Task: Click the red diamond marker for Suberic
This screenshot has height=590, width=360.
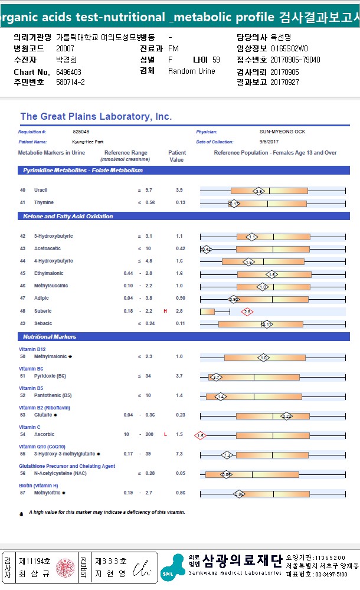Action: (247, 312)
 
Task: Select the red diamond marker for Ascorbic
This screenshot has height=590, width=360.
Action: (200, 435)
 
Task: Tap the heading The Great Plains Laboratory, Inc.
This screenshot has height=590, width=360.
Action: (96, 117)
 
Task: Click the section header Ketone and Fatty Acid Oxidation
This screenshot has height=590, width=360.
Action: (68, 217)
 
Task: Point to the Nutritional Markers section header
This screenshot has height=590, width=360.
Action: (50, 337)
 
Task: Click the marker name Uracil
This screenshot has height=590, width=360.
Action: (41, 191)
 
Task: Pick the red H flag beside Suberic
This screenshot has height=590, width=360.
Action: (165, 311)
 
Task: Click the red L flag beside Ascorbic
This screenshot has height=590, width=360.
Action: (165, 435)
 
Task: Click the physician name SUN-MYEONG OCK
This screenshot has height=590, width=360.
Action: (282, 132)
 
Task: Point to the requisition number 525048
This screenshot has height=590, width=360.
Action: (81, 132)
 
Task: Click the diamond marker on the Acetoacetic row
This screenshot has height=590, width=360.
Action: (206, 249)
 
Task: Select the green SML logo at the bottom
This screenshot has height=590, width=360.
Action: (173, 568)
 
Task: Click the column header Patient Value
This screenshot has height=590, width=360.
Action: (177, 156)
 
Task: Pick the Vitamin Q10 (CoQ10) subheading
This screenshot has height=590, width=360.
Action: (42, 447)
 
